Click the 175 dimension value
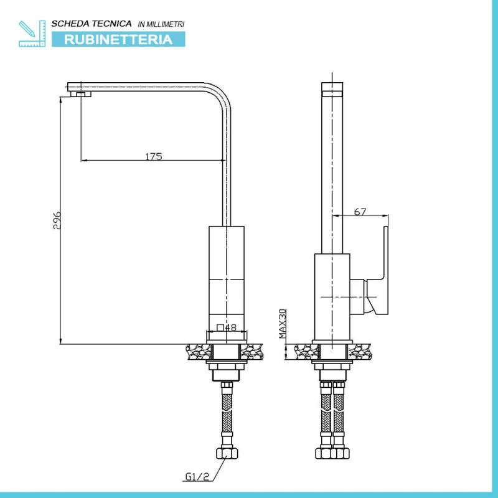[x=154, y=156]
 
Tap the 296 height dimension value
[x=57, y=220]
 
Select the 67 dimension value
[x=360, y=212]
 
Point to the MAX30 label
[x=283, y=324]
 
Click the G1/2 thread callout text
[x=197, y=476]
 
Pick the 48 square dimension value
[x=230, y=327]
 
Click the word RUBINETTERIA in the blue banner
[x=118, y=39]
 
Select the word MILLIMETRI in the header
[x=165, y=24]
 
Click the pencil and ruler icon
[x=32, y=34]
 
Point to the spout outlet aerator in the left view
[x=81, y=94]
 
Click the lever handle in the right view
[x=378, y=270]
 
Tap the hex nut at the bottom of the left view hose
[x=227, y=453]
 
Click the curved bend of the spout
[x=220, y=96]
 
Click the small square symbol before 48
[x=220, y=327]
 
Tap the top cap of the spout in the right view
[x=332, y=89]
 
